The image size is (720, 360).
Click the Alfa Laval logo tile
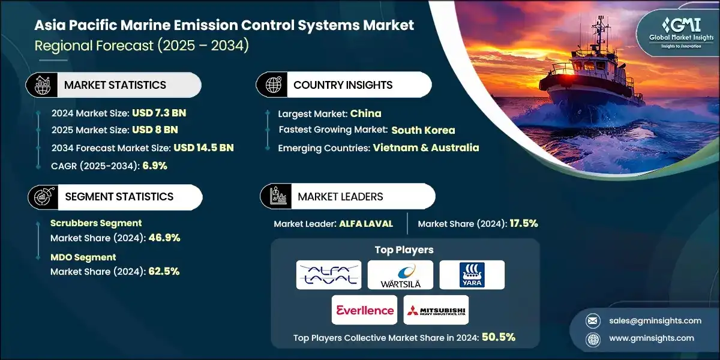[x=329, y=275]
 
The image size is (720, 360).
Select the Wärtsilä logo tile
[x=400, y=275]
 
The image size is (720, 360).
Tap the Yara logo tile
[x=472, y=275]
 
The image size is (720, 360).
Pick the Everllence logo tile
[x=364, y=310]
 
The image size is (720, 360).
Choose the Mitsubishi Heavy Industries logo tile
[x=436, y=310]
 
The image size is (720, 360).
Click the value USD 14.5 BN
[x=203, y=148]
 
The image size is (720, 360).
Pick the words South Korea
[x=423, y=130]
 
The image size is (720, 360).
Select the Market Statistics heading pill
[x=113, y=85]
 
